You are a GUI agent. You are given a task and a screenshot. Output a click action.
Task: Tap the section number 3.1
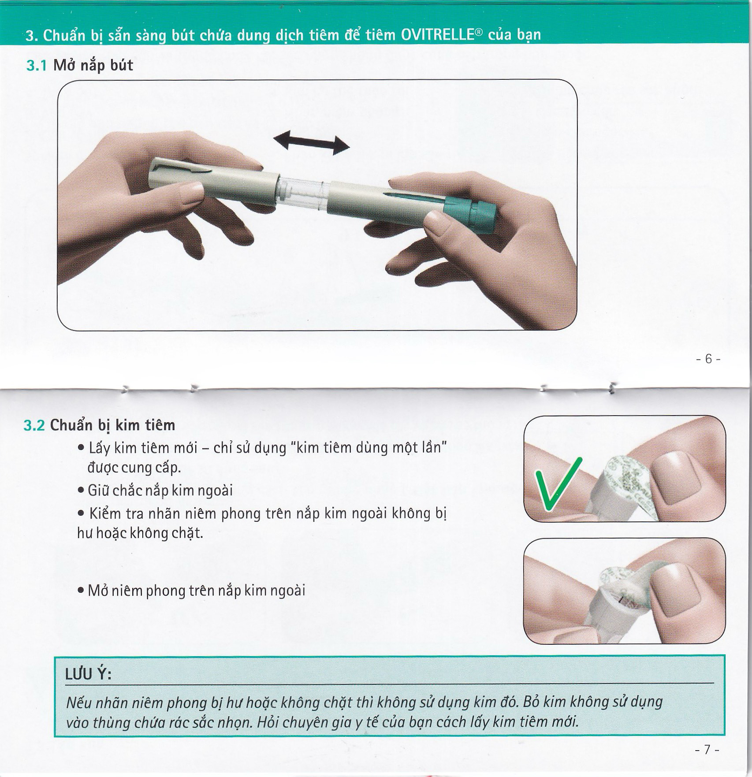coord(36,66)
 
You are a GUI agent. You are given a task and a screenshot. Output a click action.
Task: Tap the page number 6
coord(708,359)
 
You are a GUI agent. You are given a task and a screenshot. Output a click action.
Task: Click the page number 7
coord(707,750)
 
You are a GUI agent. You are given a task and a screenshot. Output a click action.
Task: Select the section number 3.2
coord(34,426)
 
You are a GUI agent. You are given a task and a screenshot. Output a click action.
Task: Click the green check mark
coord(557,483)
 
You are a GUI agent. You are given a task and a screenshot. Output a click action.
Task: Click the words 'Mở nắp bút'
coord(93,66)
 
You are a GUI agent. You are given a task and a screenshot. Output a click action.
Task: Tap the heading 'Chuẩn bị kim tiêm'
coord(112,426)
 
